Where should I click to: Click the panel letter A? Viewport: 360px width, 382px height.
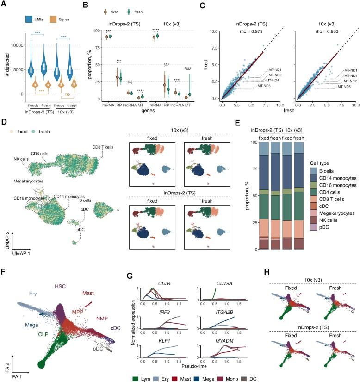(4, 4)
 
